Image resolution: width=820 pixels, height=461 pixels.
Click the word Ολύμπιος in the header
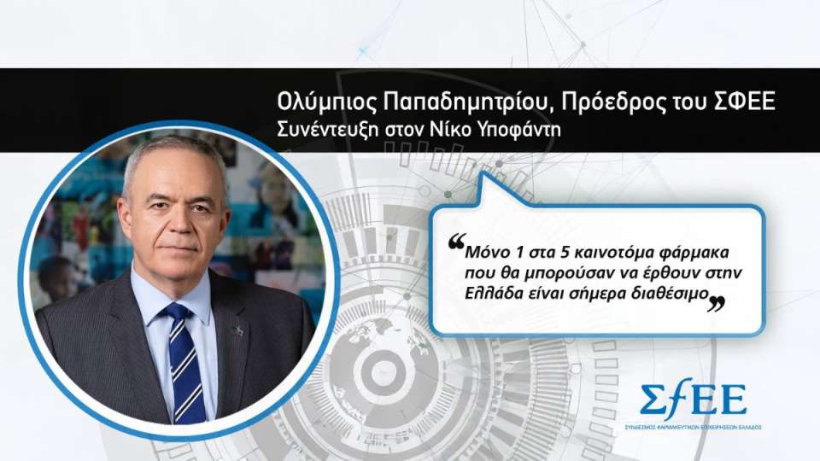pyautogui.click(x=314, y=102)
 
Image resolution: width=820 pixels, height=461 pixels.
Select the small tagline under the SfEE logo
pyautogui.click(x=693, y=426)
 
